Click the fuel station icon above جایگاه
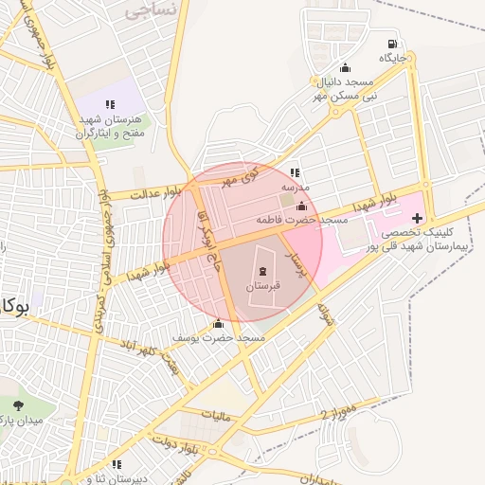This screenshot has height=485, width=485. (x=391, y=44)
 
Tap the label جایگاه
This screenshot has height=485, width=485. (x=393, y=59)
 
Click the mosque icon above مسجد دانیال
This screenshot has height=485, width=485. (x=345, y=67)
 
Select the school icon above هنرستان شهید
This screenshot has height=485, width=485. (x=110, y=104)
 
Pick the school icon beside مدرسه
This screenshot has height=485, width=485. (x=295, y=173)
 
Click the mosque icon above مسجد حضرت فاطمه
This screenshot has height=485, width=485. (x=302, y=207)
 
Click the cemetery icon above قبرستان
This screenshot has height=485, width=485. (x=262, y=272)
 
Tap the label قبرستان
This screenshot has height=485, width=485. (x=263, y=285)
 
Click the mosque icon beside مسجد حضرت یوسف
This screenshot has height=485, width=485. (x=219, y=323)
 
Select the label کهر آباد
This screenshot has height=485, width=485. (x=149, y=344)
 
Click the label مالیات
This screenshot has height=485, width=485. (x=216, y=414)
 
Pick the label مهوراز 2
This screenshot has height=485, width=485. (x=337, y=414)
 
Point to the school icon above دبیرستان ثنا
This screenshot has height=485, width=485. (x=117, y=464)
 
